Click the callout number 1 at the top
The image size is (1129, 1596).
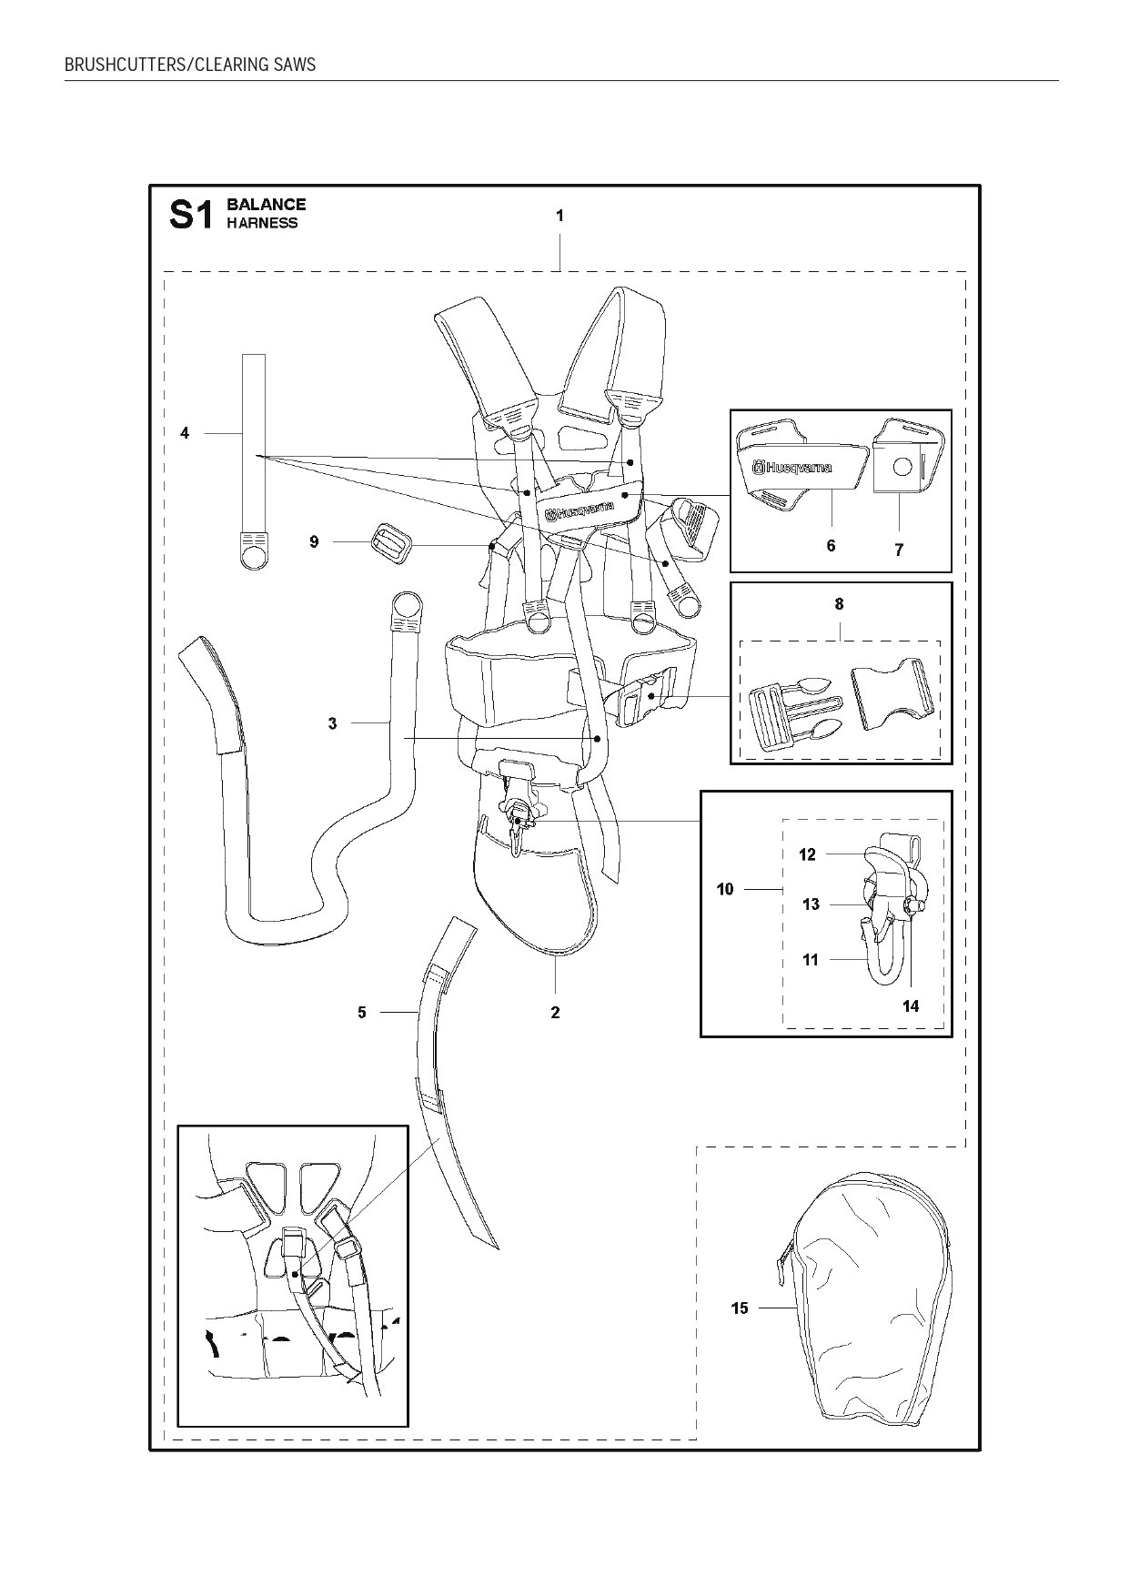(559, 216)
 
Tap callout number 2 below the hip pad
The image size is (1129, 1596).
(555, 1012)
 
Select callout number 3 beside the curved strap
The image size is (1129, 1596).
(332, 723)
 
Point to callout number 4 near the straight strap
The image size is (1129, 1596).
(185, 433)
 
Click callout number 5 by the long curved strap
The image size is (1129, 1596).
(361, 1012)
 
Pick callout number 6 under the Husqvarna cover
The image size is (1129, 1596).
(831, 546)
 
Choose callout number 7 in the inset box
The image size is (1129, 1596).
(899, 550)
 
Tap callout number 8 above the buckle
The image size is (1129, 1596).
(839, 603)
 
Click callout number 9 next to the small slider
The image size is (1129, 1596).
(314, 541)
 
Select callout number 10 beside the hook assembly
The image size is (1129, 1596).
(725, 889)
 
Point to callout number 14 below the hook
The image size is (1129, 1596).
(911, 1005)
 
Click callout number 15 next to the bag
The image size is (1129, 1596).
(740, 1308)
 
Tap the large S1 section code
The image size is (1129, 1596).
(191, 215)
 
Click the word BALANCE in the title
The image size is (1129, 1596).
(266, 205)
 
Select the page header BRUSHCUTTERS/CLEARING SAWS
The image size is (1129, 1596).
(190, 65)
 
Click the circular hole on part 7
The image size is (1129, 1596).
(901, 467)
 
